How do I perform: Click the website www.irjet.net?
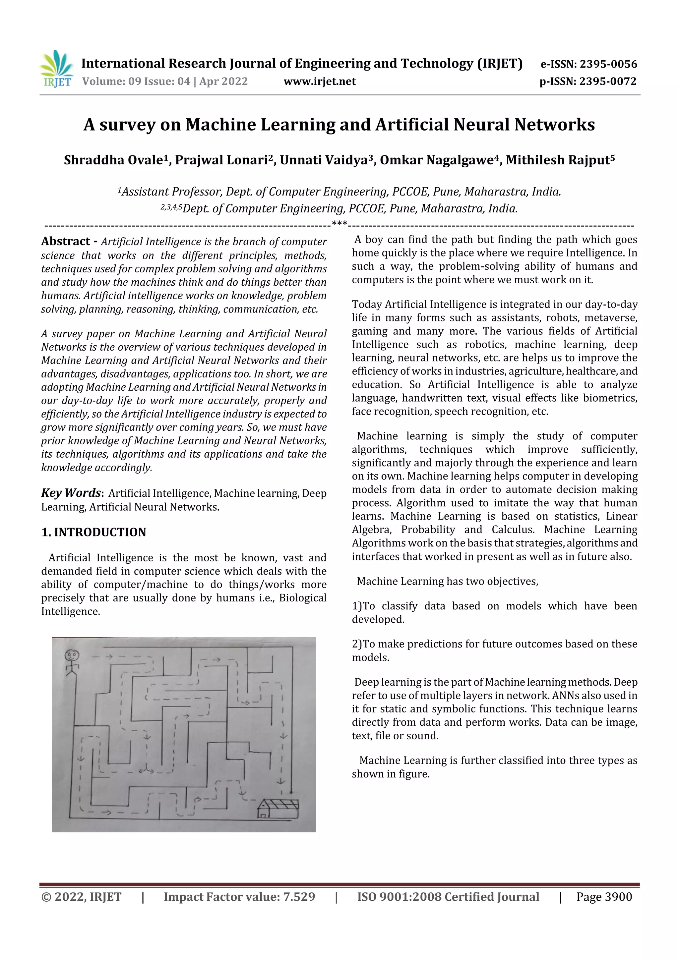(320, 82)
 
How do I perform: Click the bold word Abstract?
(65, 241)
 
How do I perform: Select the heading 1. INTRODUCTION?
(94, 532)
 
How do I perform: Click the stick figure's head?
(72, 654)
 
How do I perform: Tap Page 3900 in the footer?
(604, 897)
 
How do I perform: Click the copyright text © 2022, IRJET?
(81, 897)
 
